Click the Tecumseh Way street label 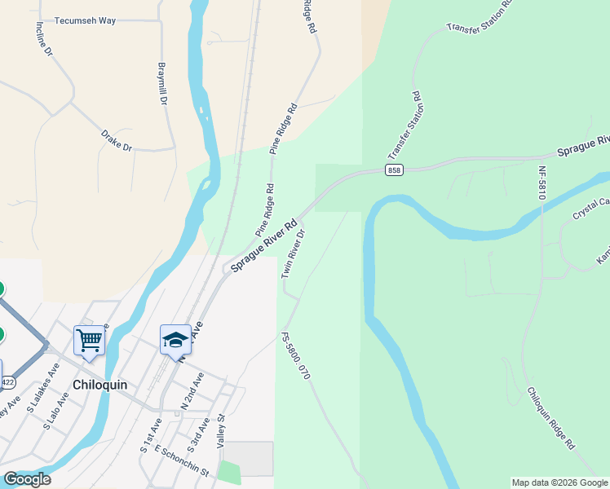coord(85,20)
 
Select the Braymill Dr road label coord(162,84)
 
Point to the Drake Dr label coord(117,140)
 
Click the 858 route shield coord(395,170)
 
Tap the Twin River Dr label coord(293,253)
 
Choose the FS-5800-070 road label coord(295,357)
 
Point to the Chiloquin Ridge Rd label coord(551,418)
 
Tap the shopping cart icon coord(89,339)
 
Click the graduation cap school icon coord(175,339)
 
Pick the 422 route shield coord(7,381)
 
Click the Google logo coord(27,479)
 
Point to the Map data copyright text coord(560,482)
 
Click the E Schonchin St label coord(182,461)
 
